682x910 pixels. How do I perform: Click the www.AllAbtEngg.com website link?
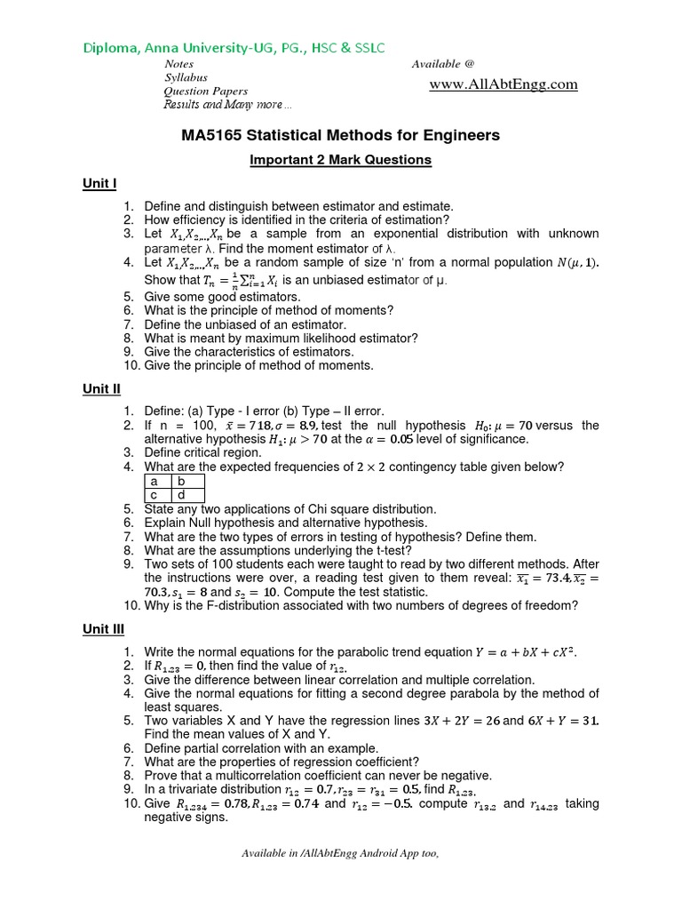[x=504, y=84]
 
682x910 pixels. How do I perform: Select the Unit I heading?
[x=99, y=184]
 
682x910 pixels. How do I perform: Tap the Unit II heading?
[x=101, y=389]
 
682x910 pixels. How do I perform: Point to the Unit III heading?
[x=103, y=629]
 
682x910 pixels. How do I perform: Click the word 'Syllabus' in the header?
[x=186, y=77]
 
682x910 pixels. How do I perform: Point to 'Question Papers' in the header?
[x=206, y=92]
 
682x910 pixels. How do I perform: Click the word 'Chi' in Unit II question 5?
[x=329, y=509]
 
